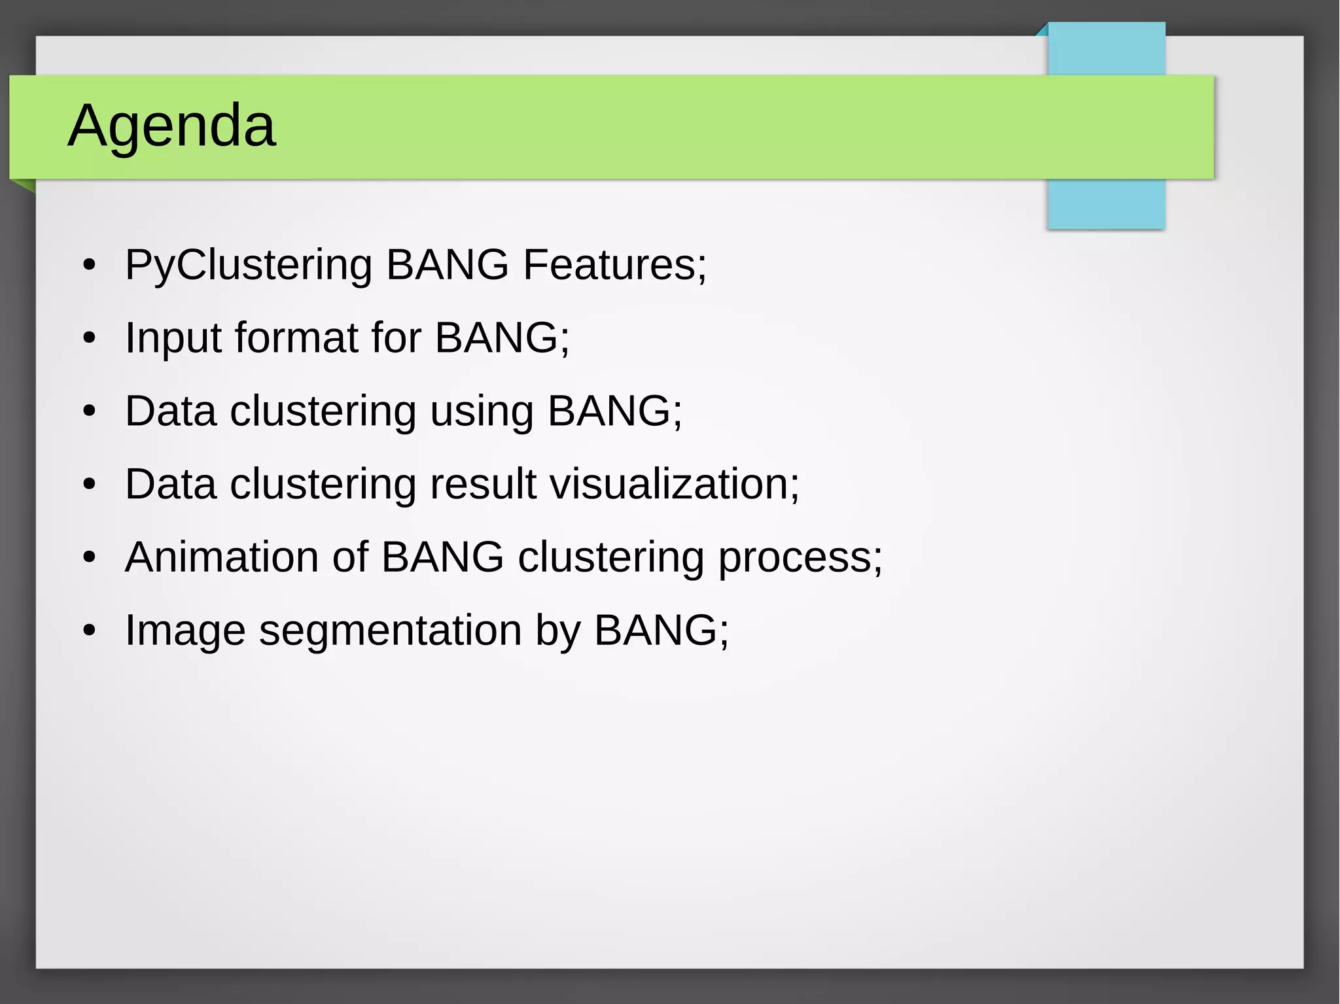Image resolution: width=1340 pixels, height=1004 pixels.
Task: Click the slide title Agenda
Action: [171, 126]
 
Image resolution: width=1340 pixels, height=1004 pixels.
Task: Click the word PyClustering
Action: [249, 266]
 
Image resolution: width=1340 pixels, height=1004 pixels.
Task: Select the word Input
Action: [173, 339]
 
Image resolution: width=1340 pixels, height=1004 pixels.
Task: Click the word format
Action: [296, 338]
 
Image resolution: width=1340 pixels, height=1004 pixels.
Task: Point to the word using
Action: [482, 412]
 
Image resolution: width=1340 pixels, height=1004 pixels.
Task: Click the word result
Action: [483, 485]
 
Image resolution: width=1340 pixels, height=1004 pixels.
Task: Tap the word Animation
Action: [222, 557]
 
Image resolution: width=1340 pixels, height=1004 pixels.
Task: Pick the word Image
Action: [185, 631]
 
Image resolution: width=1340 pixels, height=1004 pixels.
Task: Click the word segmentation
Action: [390, 631]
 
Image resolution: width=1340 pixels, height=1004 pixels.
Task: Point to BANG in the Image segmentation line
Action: [656, 631]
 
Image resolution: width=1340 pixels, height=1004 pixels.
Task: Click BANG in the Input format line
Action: [497, 338]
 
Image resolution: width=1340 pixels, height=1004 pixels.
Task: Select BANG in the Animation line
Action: [442, 557]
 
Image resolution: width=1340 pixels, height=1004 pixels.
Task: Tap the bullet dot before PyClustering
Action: [90, 266]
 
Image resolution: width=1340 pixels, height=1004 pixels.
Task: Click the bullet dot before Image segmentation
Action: [90, 631]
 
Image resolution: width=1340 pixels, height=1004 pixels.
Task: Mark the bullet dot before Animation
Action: [90, 558]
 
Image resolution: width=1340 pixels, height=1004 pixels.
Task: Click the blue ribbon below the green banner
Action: [1106, 203]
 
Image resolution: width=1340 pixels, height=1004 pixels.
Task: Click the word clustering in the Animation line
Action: [610, 558]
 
